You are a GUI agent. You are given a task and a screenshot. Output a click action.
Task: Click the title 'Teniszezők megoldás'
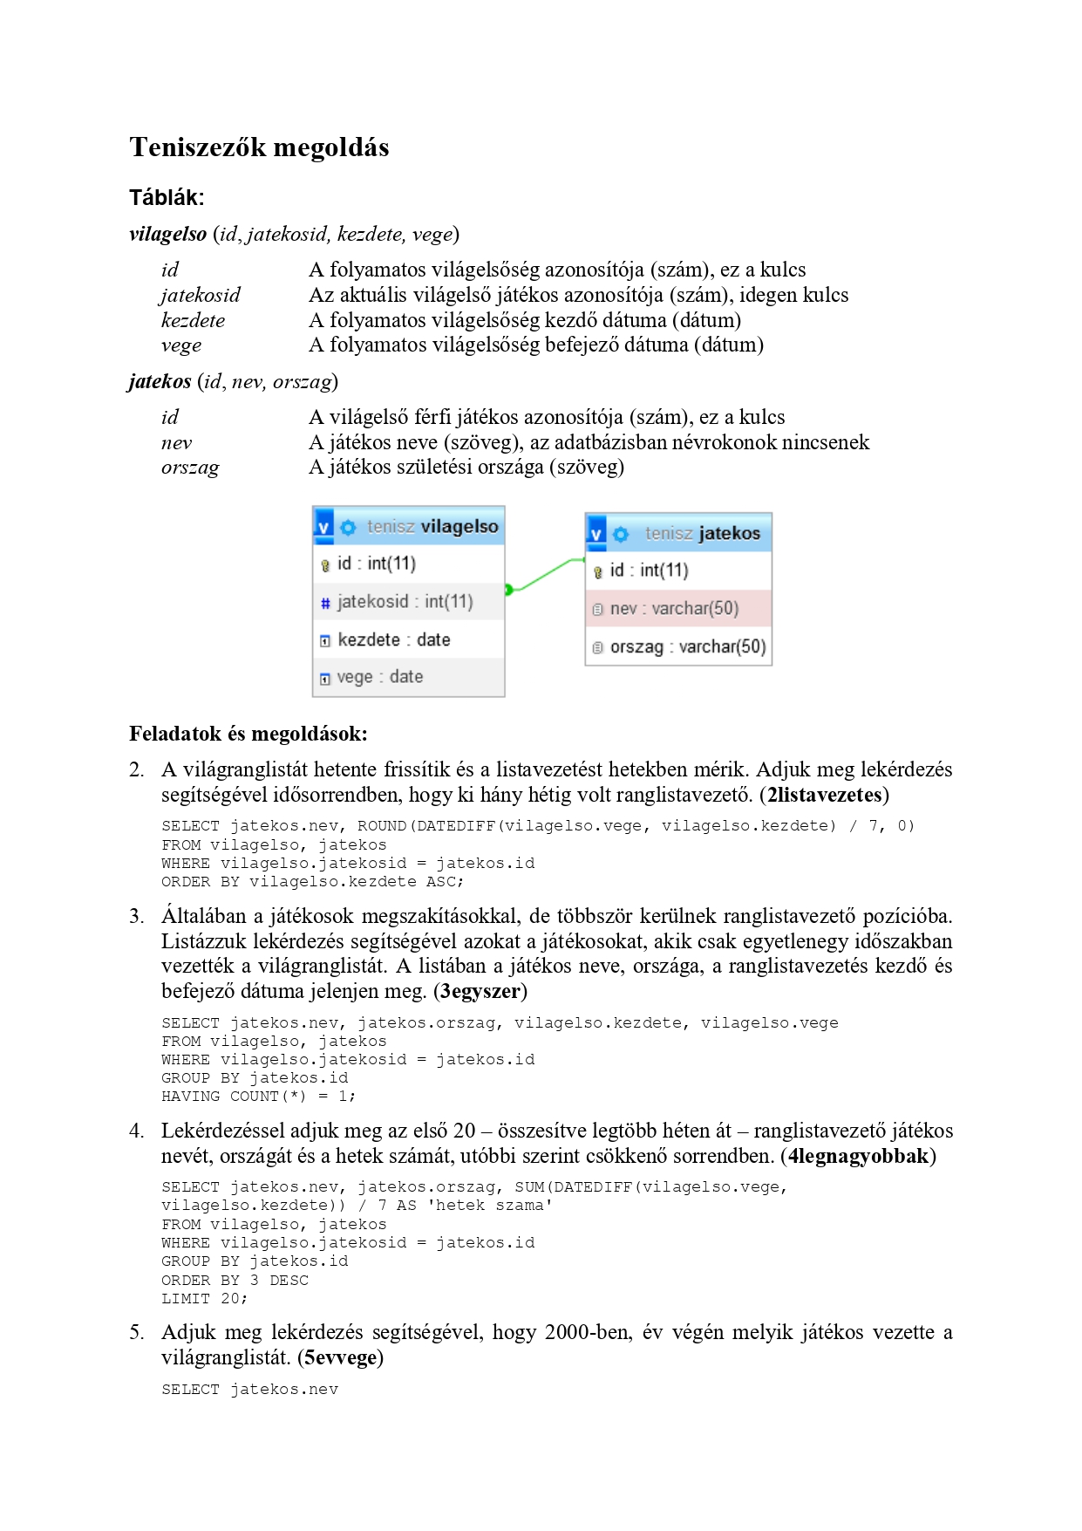tap(259, 147)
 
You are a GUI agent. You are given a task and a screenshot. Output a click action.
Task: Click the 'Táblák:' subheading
tap(167, 197)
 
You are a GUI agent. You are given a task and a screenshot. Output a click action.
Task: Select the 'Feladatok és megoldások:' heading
tap(248, 734)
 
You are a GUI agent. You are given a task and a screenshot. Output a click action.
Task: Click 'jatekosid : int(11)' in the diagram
tap(405, 602)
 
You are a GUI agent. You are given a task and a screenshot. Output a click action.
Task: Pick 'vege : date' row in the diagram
tap(379, 677)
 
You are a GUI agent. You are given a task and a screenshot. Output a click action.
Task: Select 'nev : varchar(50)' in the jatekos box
tap(674, 609)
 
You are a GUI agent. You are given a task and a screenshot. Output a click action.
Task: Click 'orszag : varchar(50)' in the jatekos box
tap(687, 647)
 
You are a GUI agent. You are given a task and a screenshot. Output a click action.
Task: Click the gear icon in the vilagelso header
tap(348, 527)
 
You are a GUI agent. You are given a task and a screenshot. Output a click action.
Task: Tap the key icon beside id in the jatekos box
tap(598, 572)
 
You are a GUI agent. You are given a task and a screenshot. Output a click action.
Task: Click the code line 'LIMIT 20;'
tap(204, 1299)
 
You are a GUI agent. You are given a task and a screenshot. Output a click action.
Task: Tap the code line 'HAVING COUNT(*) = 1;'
tap(258, 1097)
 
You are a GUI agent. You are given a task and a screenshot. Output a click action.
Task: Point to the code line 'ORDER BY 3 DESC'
tap(235, 1281)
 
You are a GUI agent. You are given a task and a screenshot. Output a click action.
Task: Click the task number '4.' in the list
tap(137, 1131)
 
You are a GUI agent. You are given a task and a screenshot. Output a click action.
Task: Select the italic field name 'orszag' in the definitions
tap(190, 468)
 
